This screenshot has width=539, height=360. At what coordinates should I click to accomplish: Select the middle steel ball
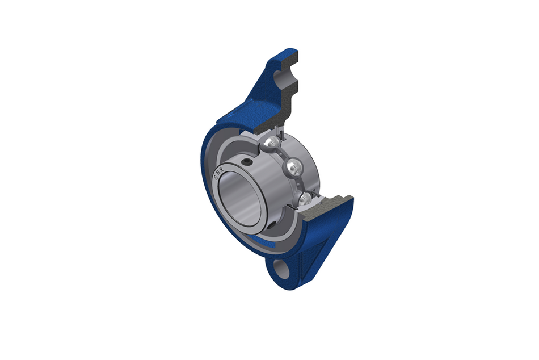tap(294, 166)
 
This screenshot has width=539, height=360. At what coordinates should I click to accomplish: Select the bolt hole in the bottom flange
tap(281, 269)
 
